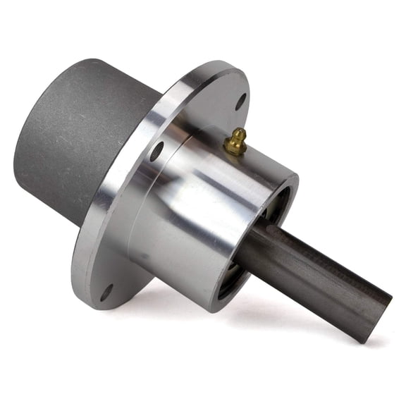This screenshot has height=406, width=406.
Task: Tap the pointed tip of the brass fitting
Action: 240,131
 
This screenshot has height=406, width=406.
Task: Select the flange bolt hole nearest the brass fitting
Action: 240,101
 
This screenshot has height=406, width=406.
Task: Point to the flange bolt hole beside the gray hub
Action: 156,151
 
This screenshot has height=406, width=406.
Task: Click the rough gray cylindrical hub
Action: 78,134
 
